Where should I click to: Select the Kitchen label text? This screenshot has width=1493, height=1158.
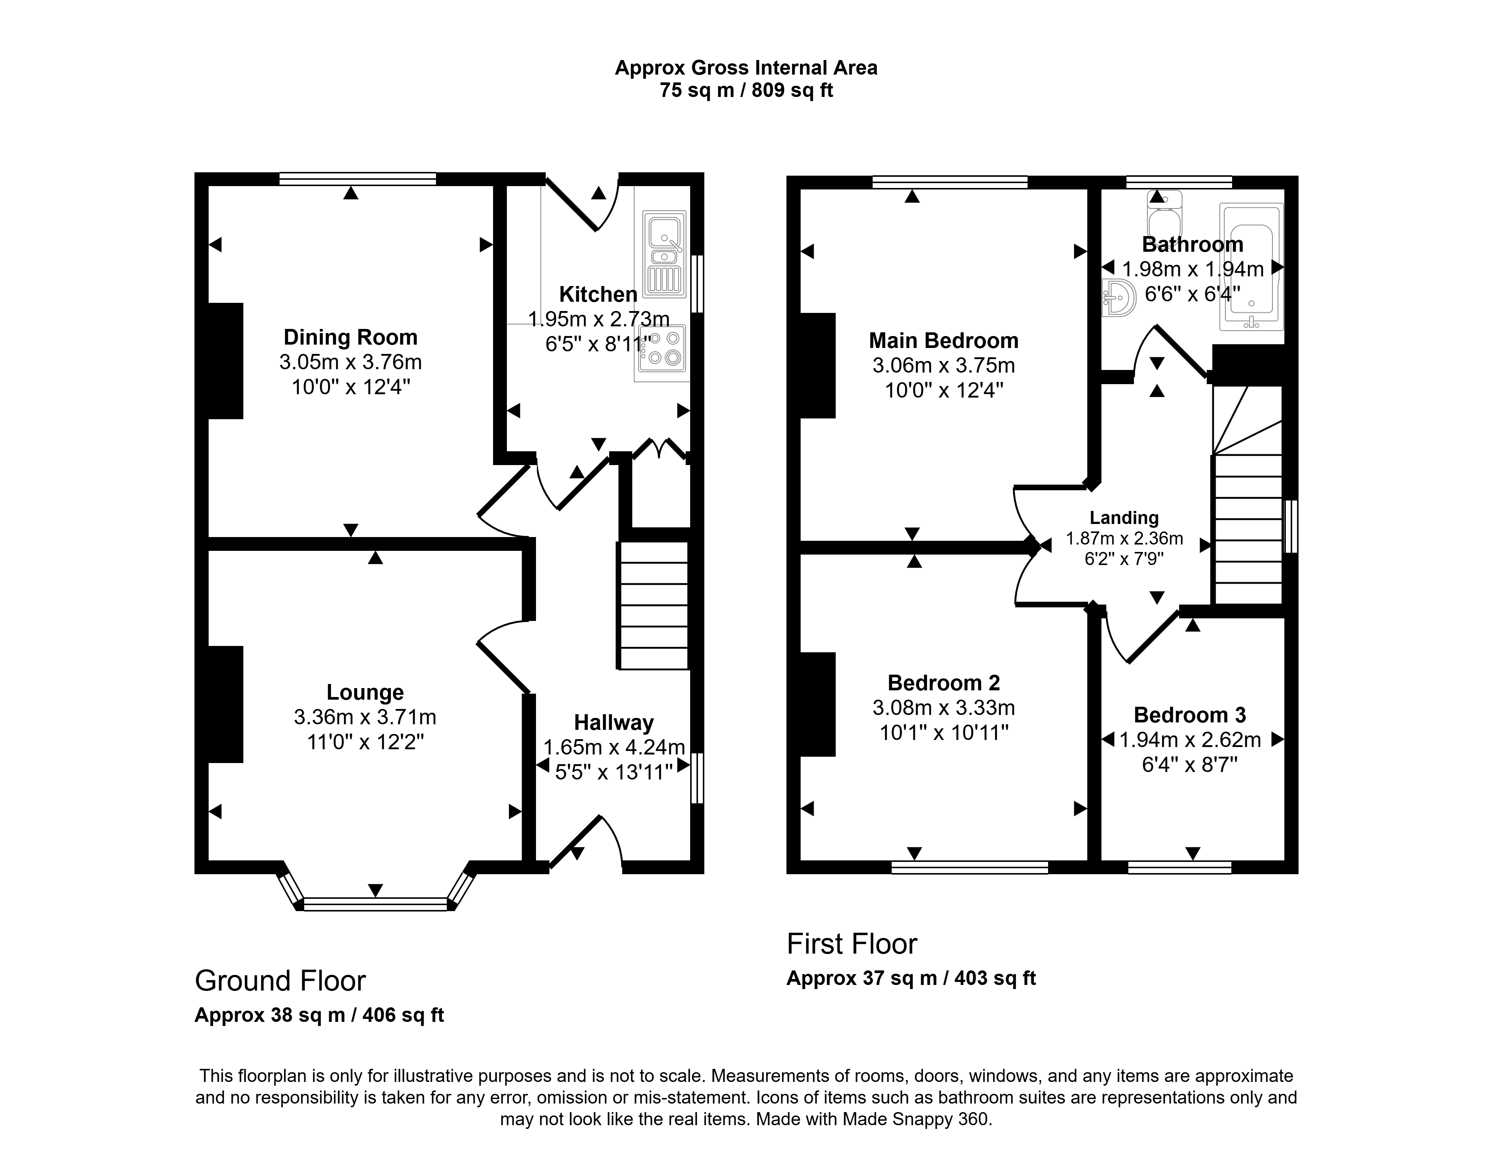pyautogui.click(x=598, y=295)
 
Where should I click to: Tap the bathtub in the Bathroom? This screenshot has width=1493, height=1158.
pyautogui.click(x=1252, y=266)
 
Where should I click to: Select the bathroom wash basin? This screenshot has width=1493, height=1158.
pyautogui.click(x=1118, y=298)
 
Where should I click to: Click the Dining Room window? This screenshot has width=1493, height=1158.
pyautogui.click(x=358, y=179)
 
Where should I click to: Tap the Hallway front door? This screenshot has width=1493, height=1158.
pyautogui.click(x=586, y=842)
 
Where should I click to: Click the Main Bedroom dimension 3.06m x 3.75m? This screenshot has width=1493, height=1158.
pyautogui.click(x=943, y=365)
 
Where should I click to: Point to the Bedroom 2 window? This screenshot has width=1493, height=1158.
pyautogui.click(x=970, y=867)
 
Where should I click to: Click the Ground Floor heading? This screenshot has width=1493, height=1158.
pyautogui.click(x=280, y=981)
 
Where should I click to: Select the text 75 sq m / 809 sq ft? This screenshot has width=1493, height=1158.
pyautogui.click(x=746, y=90)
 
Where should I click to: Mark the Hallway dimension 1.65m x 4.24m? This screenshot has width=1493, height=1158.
pyautogui.click(x=614, y=747)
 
